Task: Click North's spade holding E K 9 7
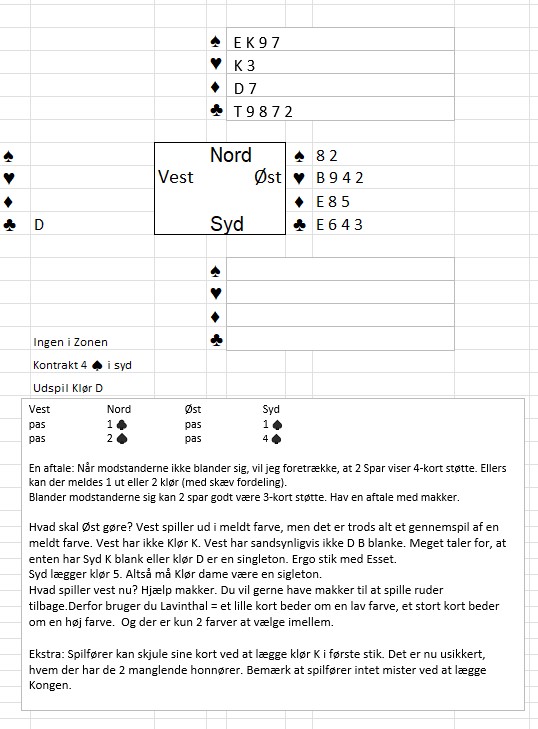click(256, 43)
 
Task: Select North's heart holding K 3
click(244, 66)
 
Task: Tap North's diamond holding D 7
click(245, 88)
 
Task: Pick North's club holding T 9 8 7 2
click(263, 112)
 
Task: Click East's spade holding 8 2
click(326, 156)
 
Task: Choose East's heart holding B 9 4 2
click(339, 178)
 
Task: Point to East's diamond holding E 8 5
click(332, 202)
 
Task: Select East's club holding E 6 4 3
click(339, 225)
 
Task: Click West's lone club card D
click(39, 225)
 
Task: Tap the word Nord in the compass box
click(231, 155)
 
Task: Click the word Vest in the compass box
click(175, 177)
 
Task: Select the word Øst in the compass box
click(268, 177)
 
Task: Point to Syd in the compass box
click(227, 224)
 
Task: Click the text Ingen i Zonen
click(70, 342)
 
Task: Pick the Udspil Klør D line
click(68, 388)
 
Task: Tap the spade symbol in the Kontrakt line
click(97, 366)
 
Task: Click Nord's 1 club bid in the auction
click(117, 424)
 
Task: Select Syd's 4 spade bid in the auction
click(272, 438)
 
